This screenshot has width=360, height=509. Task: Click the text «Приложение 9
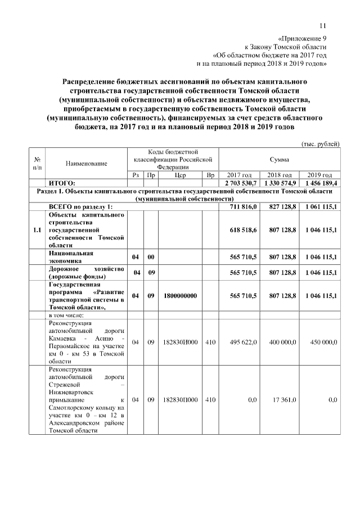[303, 38]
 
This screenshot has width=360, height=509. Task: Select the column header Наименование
[86, 163]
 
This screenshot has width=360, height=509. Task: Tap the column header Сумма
[279, 160]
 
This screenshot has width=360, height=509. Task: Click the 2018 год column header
[279, 175]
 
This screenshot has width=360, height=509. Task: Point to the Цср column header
[181, 175]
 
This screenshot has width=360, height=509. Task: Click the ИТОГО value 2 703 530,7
[241, 183]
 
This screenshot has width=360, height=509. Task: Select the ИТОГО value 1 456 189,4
[319, 183]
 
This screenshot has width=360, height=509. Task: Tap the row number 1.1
[37, 230]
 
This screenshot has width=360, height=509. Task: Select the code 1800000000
[181, 295]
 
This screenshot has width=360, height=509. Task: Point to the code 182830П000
[181, 399]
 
